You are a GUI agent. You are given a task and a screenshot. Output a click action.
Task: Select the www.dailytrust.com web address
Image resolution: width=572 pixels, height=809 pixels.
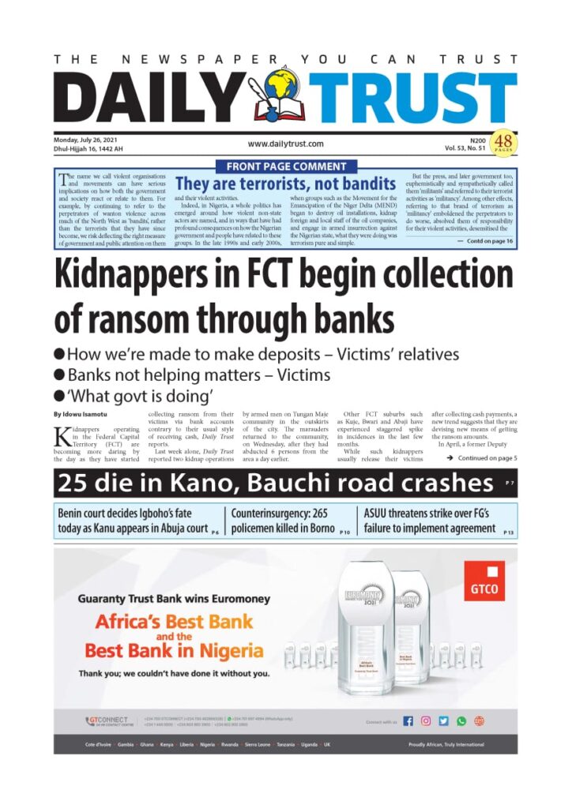tap(286, 144)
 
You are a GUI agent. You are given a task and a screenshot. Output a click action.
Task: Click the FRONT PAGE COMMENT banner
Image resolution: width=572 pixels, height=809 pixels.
tap(286, 166)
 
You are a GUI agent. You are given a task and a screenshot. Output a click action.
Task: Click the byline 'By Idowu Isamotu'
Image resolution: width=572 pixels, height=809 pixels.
tap(85, 414)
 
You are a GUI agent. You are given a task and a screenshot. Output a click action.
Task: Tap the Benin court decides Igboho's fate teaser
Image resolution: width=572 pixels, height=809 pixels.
tap(133, 521)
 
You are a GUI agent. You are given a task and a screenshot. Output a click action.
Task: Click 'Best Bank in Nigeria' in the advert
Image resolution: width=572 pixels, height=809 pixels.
tap(174, 652)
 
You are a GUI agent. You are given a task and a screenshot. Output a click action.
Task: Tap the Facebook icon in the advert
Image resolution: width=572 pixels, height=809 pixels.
tap(408, 721)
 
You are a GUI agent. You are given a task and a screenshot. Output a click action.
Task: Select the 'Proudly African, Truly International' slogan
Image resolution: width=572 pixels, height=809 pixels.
tap(446, 745)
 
